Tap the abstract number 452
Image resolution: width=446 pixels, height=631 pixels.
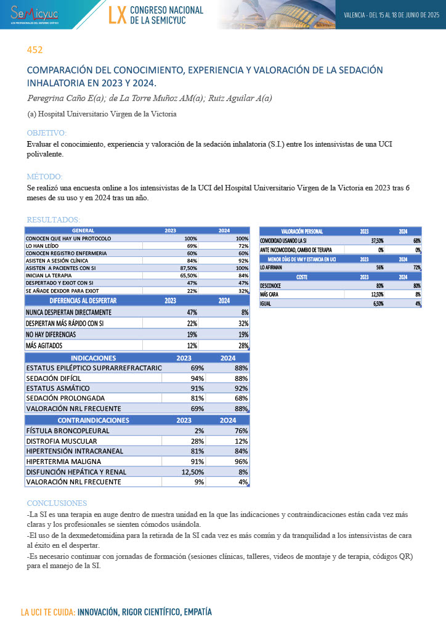click(34, 50)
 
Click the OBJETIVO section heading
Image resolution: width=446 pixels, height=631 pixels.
click(47, 133)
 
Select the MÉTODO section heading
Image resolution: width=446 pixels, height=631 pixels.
click(44, 176)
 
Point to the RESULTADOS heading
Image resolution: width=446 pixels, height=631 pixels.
click(53, 219)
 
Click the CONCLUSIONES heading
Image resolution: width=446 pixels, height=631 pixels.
click(57, 503)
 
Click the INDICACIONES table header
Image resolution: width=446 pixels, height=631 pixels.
click(94, 357)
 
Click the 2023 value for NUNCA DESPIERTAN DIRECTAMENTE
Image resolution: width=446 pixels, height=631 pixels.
click(188, 312)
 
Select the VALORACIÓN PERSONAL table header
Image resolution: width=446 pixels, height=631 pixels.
click(302, 231)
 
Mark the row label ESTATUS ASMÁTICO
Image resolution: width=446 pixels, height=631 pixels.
click(58, 388)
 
